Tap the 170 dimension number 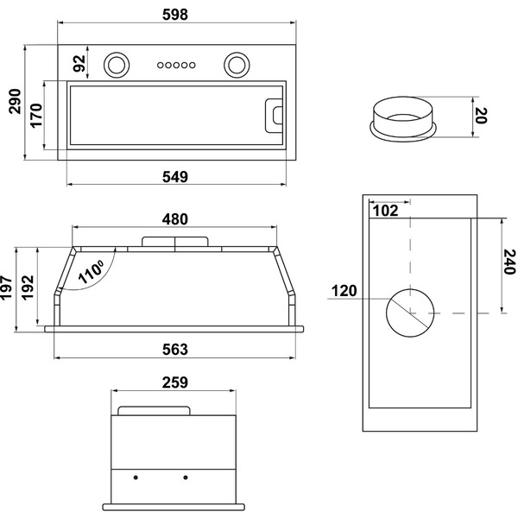coord(37,115)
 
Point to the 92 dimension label coord(79,63)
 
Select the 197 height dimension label coord(8,289)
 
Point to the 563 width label coord(174,349)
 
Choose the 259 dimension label coord(174,382)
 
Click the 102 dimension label coord(386,209)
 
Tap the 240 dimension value coord(509,261)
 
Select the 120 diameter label coord(344,290)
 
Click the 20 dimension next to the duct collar coord(481,116)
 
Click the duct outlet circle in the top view coord(410,312)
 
